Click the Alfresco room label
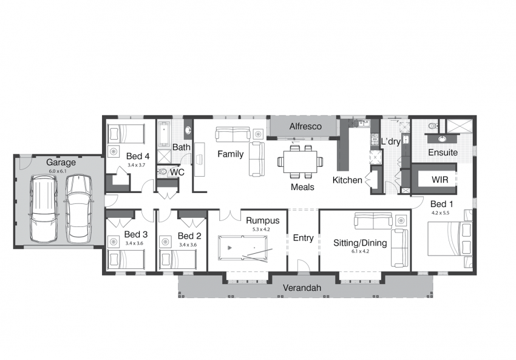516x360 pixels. (305, 126)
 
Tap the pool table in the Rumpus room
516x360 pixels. (243, 248)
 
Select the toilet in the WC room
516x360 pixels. (162, 171)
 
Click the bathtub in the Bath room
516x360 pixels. (164, 134)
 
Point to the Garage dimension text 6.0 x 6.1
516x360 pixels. (58, 171)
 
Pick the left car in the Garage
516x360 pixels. (44, 209)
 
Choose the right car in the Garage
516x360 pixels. (78, 209)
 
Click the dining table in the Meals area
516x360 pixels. (300, 161)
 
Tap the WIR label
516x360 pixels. (440, 180)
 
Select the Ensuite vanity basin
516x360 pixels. (442, 139)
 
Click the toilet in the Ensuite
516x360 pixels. (433, 126)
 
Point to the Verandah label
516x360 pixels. (302, 288)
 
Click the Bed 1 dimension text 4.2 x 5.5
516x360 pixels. (440, 213)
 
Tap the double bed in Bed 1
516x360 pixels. (450, 239)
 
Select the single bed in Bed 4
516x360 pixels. (126, 134)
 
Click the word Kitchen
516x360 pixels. (347, 180)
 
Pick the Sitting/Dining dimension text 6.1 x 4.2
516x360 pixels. (360, 251)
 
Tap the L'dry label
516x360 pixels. (390, 141)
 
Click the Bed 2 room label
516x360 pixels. (189, 236)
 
